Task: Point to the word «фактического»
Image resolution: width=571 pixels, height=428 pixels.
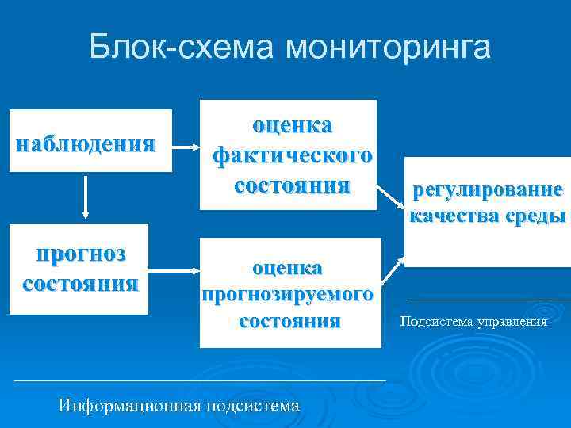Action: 291,155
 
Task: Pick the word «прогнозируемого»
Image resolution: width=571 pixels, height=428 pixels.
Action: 288,295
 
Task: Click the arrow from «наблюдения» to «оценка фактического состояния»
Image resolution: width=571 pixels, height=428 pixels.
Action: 186,147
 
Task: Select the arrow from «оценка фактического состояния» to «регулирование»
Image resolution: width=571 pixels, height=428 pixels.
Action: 390,199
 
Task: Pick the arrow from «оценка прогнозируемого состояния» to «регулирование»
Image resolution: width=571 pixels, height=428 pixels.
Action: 390,273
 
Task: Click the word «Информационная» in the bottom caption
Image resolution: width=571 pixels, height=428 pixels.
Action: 130,406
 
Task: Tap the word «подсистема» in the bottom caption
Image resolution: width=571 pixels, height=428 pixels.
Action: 252,406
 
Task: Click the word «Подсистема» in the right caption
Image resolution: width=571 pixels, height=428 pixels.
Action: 435,322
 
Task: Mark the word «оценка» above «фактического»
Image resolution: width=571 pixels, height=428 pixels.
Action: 292,125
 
